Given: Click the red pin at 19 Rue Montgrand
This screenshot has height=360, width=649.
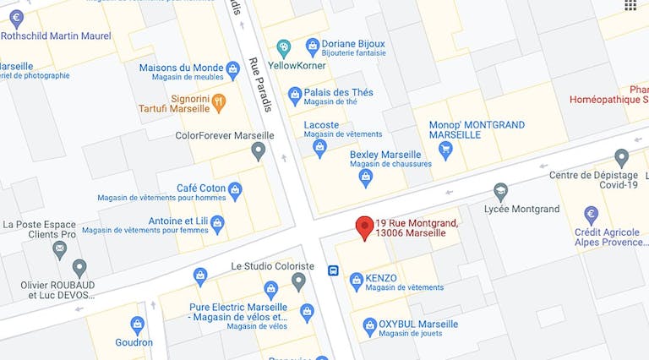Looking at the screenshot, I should tap(365, 226).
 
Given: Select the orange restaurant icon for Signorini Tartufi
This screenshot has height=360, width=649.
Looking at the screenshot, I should tap(219, 103).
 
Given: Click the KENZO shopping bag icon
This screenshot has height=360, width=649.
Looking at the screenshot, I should tap(357, 279).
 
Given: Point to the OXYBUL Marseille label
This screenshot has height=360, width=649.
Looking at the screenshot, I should tap(418, 324).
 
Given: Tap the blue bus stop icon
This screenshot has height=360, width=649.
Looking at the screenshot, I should tap(334, 271).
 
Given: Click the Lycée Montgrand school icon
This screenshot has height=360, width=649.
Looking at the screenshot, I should tap(500, 192).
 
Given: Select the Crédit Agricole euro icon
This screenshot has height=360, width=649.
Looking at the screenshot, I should tap(592, 215).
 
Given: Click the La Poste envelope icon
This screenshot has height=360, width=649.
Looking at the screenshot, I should tap(59, 249).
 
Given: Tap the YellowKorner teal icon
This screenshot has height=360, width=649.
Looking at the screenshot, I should tap(284, 47).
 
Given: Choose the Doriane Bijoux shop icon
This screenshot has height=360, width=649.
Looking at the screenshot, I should tap(313, 45).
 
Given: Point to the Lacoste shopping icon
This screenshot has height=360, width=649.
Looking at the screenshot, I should tap(320, 149).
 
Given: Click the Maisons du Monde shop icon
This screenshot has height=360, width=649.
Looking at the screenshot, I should tap(232, 68).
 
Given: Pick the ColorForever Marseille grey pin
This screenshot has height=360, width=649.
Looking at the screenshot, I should tap(259, 150).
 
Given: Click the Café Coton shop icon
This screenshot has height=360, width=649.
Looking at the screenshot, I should tap(235, 188).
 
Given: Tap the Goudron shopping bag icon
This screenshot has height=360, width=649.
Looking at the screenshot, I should tap(137, 324).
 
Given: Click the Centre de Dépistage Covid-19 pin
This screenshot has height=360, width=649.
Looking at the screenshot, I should tap(621, 157).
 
